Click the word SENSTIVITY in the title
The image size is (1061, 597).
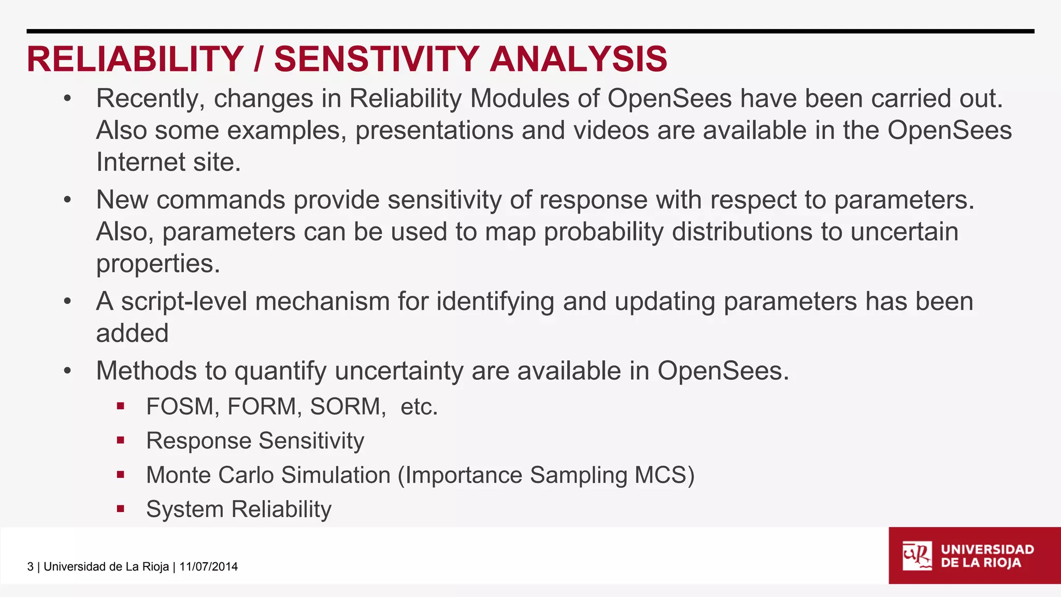point(377,59)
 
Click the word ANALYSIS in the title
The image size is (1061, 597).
point(578,59)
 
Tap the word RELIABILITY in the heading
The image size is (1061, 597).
point(135,59)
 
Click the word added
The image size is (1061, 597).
point(132,333)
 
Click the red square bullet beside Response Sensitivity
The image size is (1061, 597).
point(121,440)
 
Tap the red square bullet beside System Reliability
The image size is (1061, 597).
point(121,509)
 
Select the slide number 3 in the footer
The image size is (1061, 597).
point(30,566)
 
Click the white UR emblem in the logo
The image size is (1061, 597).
point(916,556)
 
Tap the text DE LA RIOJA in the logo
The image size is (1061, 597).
point(981,563)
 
